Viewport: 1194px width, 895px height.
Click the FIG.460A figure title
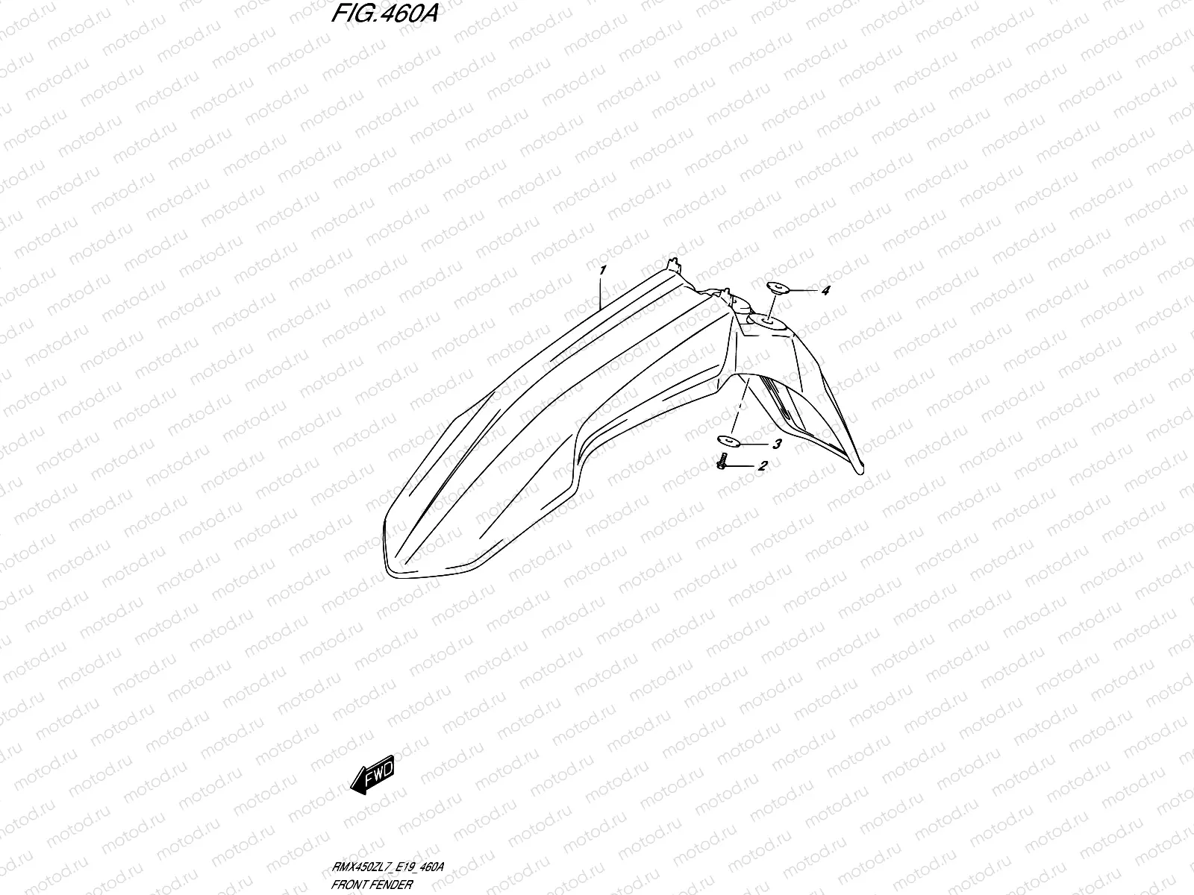(381, 16)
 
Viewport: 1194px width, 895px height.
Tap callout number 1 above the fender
(601, 268)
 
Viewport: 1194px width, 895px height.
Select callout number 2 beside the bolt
(763, 467)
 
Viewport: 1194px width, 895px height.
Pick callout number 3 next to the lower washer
(777, 445)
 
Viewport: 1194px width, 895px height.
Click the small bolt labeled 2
(722, 464)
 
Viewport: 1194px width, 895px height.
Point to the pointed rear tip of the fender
(860, 468)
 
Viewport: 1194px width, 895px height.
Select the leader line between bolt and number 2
(742, 466)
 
